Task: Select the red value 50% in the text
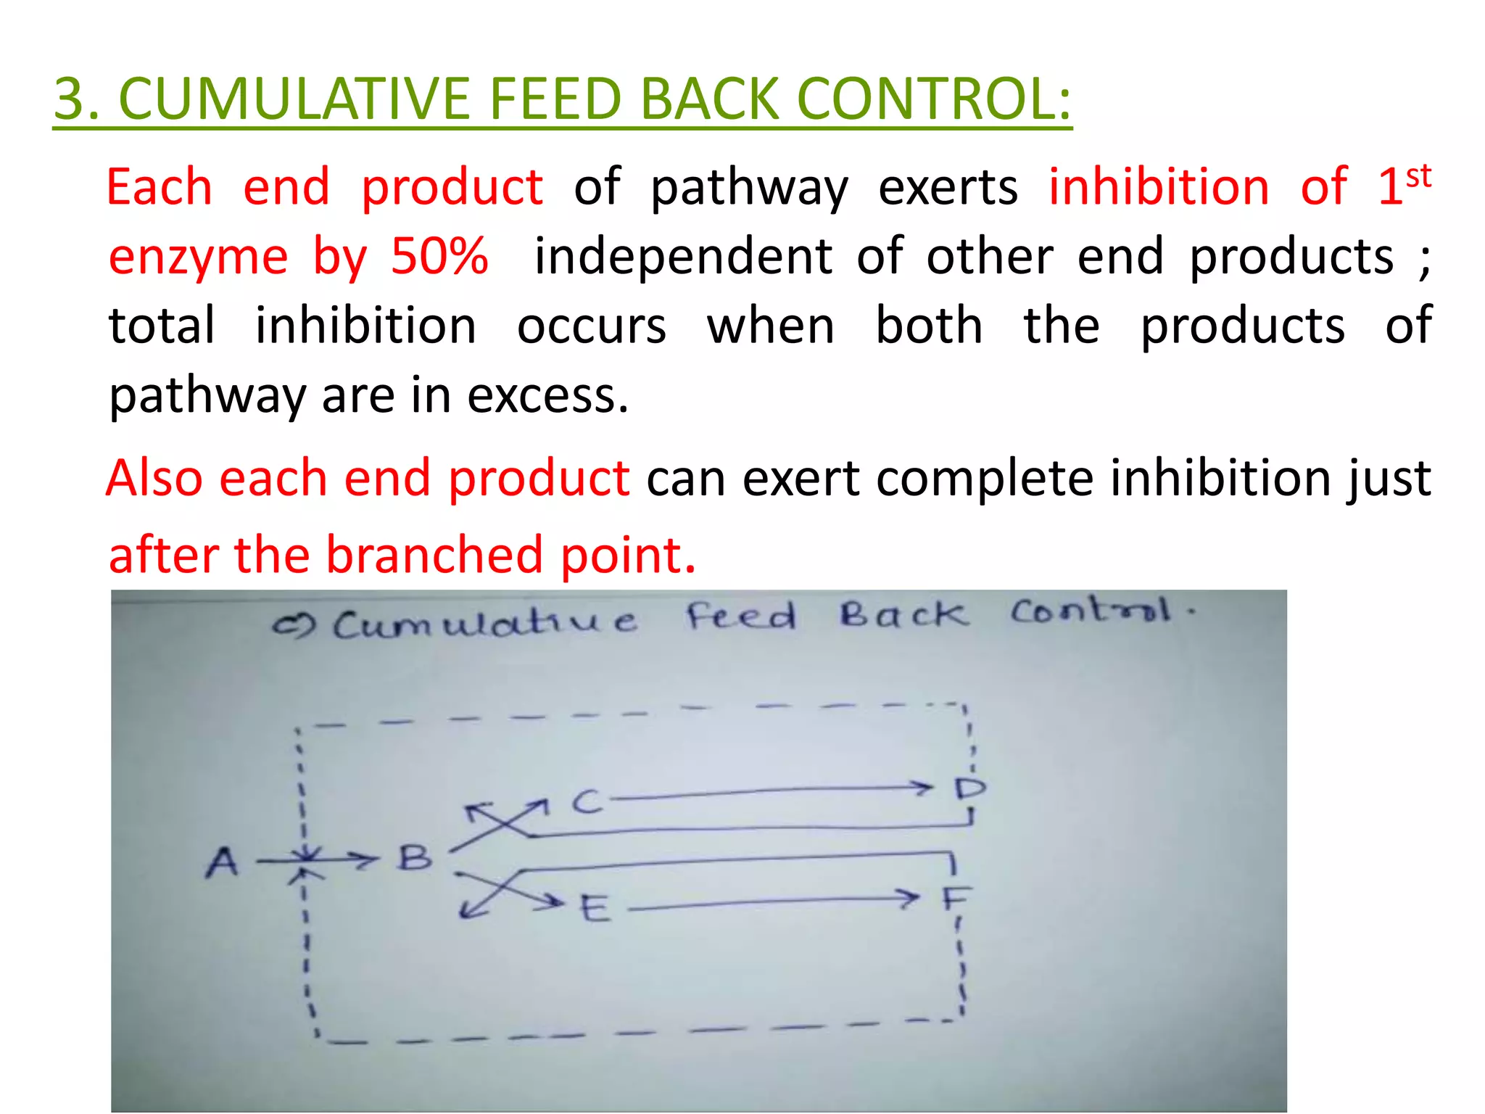point(439,256)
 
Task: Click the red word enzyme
point(198,257)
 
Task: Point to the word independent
point(683,256)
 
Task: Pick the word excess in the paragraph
point(547,396)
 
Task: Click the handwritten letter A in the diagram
point(222,863)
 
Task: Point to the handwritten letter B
point(415,859)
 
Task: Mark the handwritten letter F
point(955,899)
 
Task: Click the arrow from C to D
point(769,792)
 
